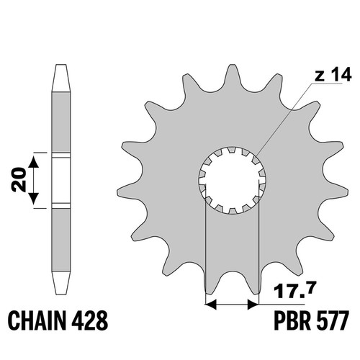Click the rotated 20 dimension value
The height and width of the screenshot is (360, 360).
(19, 180)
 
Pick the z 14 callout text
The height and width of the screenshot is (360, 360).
(333, 75)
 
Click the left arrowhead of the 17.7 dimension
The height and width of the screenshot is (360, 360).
(211, 305)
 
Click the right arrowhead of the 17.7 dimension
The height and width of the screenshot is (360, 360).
(253, 305)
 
